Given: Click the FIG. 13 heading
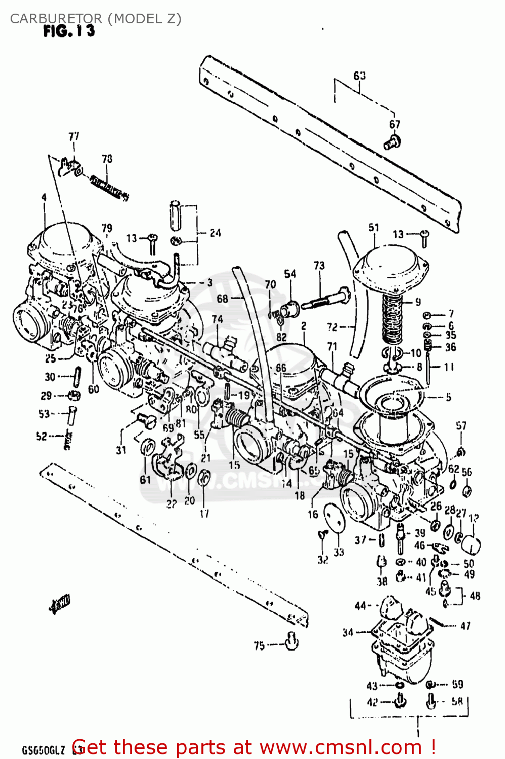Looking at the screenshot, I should tap(69, 31).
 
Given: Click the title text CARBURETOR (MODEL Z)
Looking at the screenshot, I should tap(96, 19).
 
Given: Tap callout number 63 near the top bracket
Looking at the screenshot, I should tap(359, 76).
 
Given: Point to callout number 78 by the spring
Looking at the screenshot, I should tap(107, 159).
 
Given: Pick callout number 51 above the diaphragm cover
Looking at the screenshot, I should tap(373, 228).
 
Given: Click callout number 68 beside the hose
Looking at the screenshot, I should tap(223, 299).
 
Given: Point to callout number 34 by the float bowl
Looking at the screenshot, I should tap(348, 632).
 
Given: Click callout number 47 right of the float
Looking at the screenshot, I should tap(465, 625).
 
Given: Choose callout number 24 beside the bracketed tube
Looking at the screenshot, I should tap(216, 233).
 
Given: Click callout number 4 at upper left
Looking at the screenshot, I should tap(44, 197).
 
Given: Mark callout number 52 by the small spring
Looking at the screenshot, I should tap(41, 436).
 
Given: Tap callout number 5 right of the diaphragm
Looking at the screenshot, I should tap(448, 397).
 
